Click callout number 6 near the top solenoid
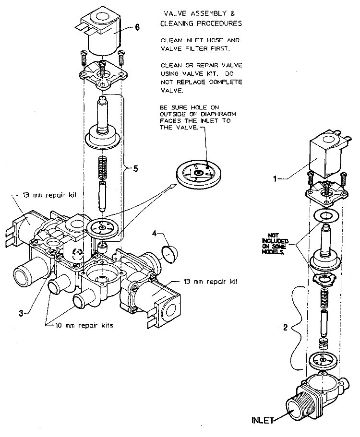[137, 27]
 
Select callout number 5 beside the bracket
[136, 168]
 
